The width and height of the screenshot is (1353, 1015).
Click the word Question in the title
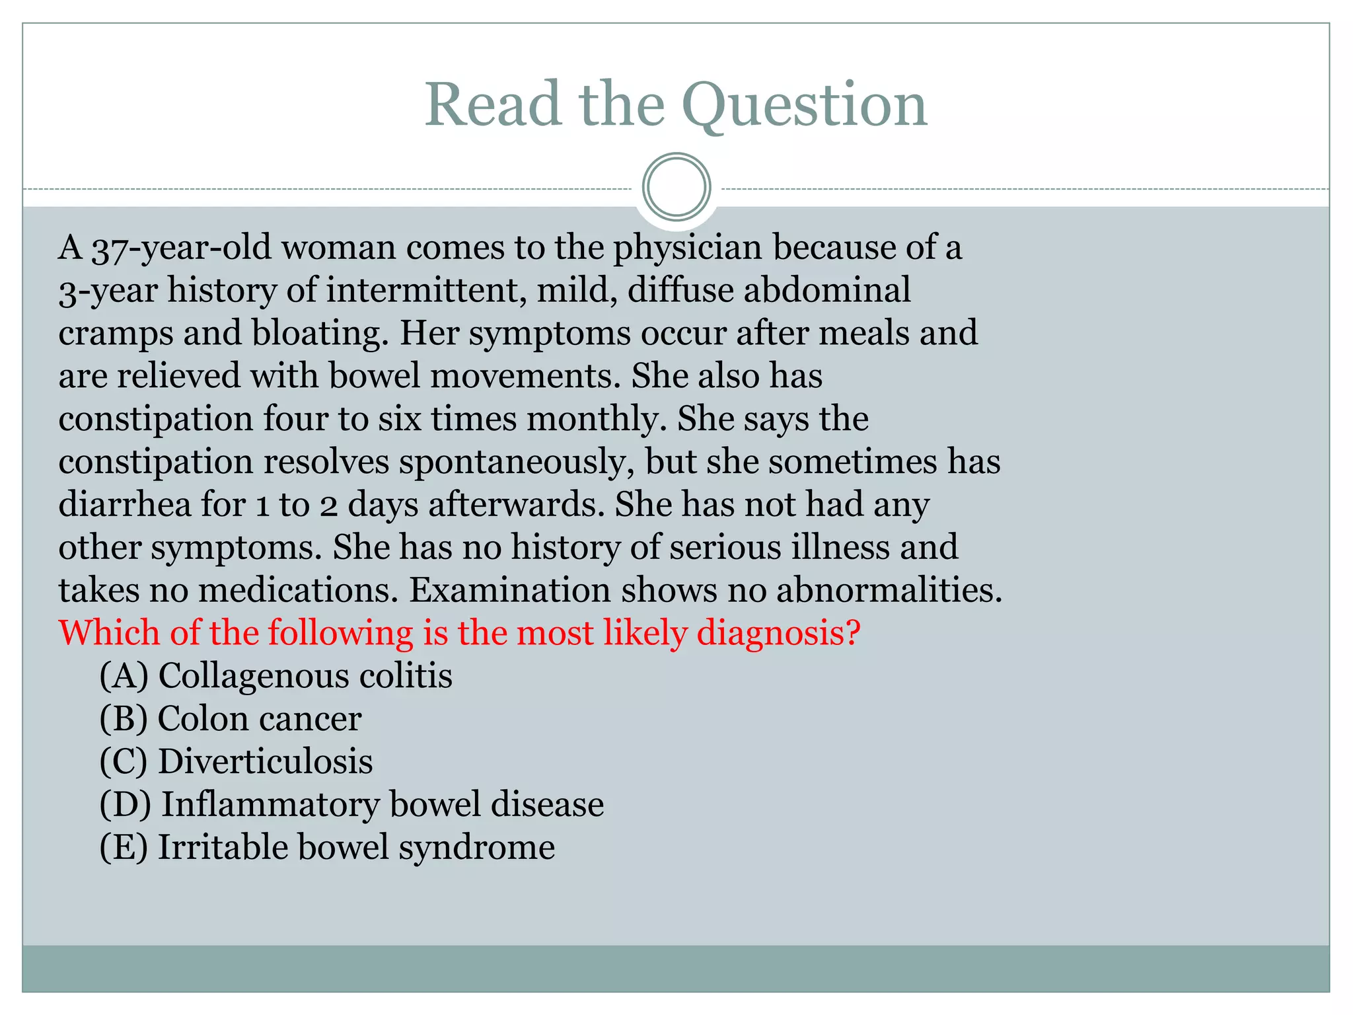point(805,106)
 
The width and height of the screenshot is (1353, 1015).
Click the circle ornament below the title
point(676,187)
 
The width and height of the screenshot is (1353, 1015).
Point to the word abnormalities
point(889,590)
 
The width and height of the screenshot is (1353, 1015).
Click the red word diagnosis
point(779,633)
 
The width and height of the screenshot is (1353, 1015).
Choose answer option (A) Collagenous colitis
point(275,676)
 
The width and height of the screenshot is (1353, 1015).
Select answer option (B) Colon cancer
point(230,719)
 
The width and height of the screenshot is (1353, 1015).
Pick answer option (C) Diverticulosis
point(236,762)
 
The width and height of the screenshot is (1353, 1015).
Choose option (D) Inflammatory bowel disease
point(351,805)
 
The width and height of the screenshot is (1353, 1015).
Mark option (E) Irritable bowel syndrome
point(327,848)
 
